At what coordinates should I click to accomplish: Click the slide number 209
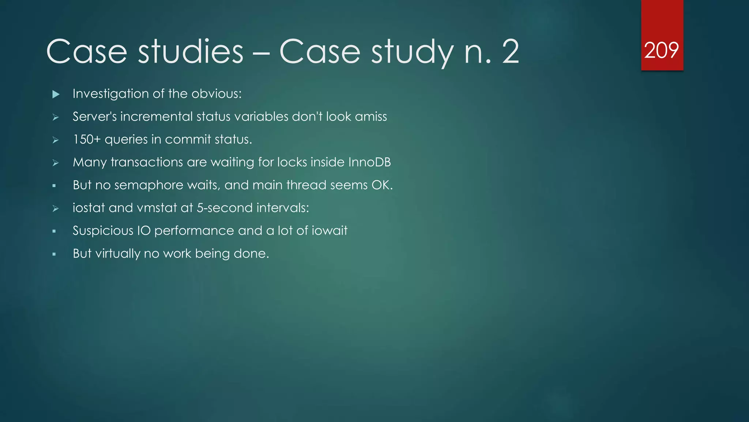coord(661,50)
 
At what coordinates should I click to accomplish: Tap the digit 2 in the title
coord(511,52)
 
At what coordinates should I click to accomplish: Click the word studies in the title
coord(190,52)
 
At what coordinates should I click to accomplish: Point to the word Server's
coord(94,116)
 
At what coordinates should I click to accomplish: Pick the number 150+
coord(86,140)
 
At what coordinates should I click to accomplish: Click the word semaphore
coord(149,185)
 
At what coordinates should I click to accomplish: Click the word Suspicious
coord(103,231)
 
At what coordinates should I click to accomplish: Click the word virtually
coord(118,253)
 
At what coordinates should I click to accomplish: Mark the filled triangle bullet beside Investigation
coord(56,94)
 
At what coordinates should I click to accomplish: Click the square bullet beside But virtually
coord(54,254)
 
